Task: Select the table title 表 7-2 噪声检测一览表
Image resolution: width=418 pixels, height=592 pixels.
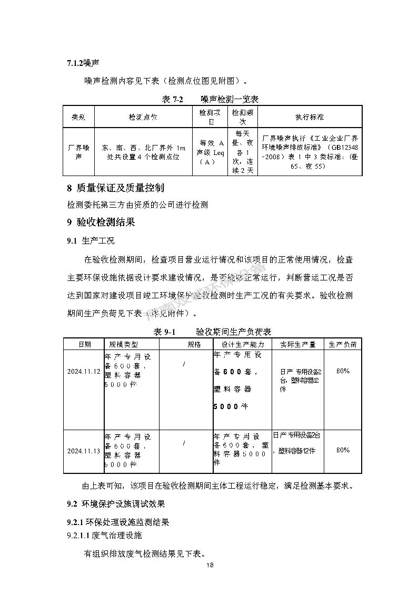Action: pyautogui.click(x=208, y=99)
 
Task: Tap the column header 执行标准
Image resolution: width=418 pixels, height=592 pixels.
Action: pyautogui.click(x=310, y=117)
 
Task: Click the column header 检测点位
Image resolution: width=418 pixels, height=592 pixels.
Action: pyautogui.click(x=143, y=117)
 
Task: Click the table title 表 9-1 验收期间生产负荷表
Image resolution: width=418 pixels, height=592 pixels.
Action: pyautogui.click(x=212, y=332)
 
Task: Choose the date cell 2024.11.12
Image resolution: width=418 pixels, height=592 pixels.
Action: pyautogui.click(x=84, y=371)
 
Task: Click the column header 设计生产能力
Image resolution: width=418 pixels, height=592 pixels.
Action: pyautogui.click(x=242, y=344)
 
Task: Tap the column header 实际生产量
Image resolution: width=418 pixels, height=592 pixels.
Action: pyautogui.click(x=297, y=344)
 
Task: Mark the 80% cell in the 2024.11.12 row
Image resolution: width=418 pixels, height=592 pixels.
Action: pyautogui.click(x=343, y=371)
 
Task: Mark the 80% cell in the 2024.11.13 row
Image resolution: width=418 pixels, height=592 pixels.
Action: pyautogui.click(x=343, y=450)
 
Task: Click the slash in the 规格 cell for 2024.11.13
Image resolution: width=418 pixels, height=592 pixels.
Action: pyautogui.click(x=184, y=443)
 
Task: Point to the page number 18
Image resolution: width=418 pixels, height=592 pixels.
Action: pyautogui.click(x=210, y=565)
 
